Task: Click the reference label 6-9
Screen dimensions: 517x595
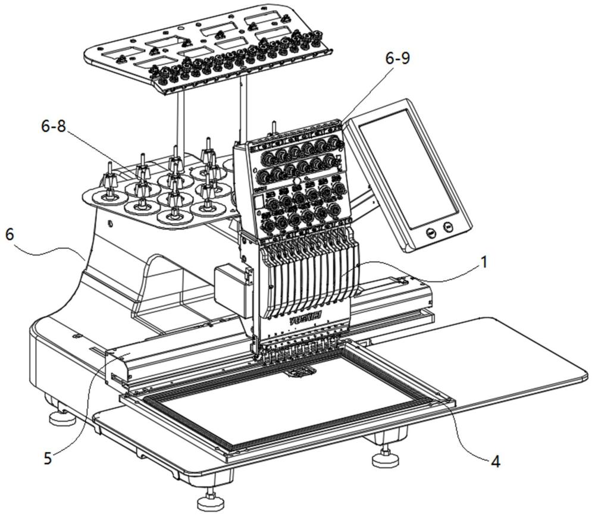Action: [x=397, y=59]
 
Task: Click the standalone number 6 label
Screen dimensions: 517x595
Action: [x=10, y=234]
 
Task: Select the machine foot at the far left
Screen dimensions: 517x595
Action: [x=61, y=419]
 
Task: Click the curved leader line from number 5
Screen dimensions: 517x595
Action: [x=83, y=405]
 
